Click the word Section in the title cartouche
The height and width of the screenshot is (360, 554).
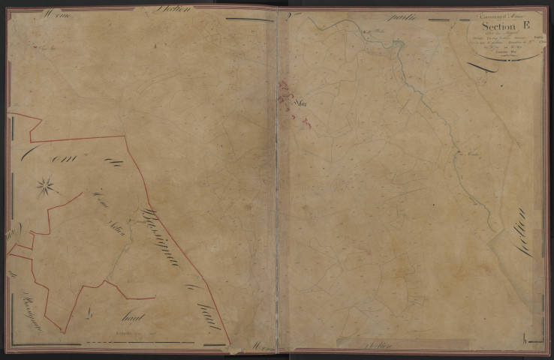(x=489, y=29)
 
